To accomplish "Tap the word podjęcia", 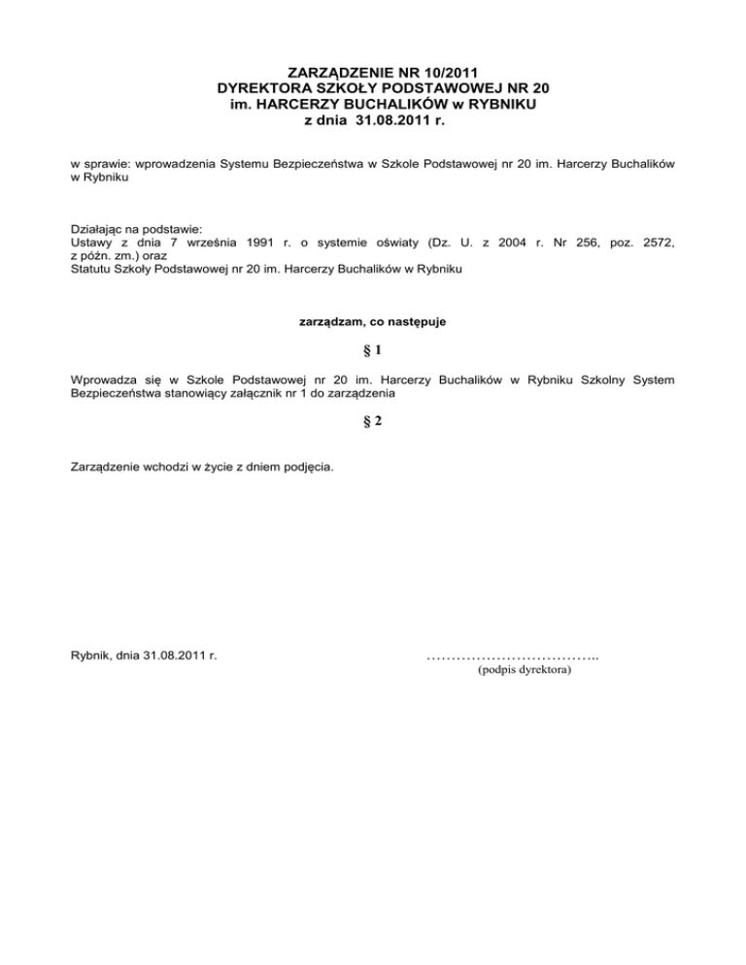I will (x=309, y=467).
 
